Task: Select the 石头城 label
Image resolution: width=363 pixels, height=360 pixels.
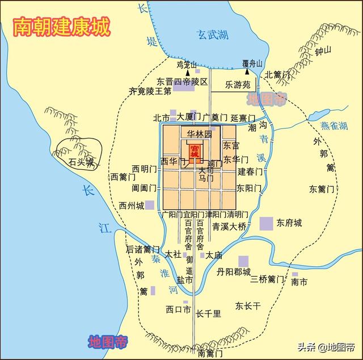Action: tap(81, 162)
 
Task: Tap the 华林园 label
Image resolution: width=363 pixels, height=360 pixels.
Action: tap(200, 134)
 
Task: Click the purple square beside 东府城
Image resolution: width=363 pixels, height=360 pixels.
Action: tap(266, 223)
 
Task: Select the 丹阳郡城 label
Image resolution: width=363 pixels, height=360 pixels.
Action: tap(233, 272)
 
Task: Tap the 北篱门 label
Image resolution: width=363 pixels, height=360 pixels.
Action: tap(277, 74)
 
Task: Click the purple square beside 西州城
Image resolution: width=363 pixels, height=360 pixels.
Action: tap(150, 204)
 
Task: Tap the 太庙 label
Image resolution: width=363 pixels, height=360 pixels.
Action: tap(213, 256)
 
